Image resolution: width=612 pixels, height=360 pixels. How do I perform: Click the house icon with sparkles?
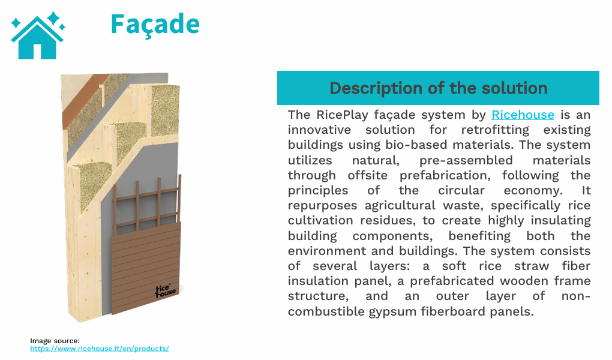pos(37,35)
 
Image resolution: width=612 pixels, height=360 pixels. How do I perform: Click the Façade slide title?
pos(155,24)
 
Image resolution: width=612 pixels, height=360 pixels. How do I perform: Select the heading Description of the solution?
pos(438,88)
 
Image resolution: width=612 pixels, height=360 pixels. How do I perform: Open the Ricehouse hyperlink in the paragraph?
pos(523,115)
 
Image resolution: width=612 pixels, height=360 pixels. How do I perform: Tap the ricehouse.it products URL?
pos(100,349)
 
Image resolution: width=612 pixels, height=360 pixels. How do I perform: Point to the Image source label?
pos(55,341)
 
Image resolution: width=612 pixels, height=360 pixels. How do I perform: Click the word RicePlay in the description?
pos(342,115)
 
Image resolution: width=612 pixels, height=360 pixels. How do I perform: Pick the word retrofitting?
pos(494,130)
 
